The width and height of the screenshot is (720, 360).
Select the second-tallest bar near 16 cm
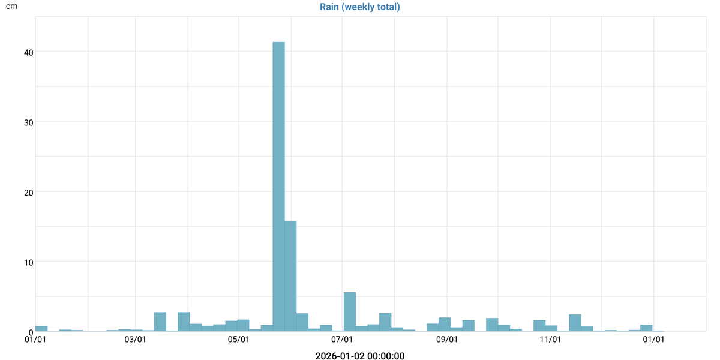tap(290, 276)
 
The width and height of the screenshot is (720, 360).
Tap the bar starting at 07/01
tap(350, 312)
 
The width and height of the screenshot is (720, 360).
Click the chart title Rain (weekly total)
tap(360, 7)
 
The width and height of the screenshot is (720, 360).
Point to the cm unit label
tap(11, 7)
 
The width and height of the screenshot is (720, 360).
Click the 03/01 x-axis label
tap(135, 340)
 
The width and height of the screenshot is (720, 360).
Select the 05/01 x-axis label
tap(239, 340)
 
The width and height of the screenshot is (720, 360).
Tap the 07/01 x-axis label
tap(343, 340)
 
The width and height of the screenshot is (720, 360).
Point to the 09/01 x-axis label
tap(447, 340)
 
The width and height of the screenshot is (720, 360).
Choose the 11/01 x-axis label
tap(550, 340)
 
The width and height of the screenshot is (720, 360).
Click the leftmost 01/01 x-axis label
tap(35, 340)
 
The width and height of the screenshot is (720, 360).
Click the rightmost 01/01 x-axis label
tap(653, 340)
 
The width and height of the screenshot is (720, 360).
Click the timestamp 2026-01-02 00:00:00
tap(360, 356)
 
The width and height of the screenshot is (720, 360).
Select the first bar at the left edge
tap(41, 329)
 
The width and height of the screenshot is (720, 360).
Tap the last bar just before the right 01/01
tap(646, 328)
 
